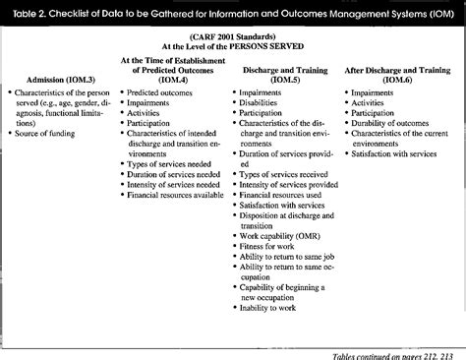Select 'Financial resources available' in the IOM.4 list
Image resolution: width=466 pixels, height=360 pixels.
(179, 195)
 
